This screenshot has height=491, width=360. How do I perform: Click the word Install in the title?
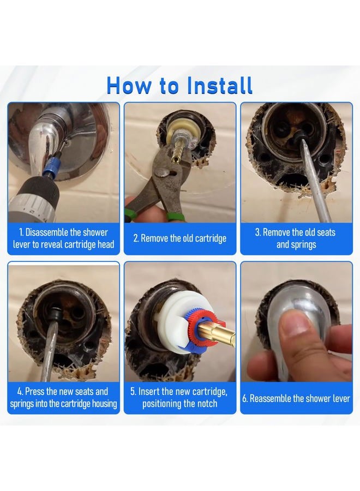220,85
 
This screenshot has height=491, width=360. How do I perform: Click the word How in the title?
128,85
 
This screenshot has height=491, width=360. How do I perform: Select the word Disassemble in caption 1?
47,232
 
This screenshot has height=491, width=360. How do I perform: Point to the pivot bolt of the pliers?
162,172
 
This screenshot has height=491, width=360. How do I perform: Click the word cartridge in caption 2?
211,238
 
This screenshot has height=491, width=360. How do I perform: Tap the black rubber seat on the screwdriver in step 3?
300,136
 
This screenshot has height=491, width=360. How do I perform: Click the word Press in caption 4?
34,391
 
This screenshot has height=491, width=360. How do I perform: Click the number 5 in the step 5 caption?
133,391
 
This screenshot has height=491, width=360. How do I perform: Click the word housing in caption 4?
104,404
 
